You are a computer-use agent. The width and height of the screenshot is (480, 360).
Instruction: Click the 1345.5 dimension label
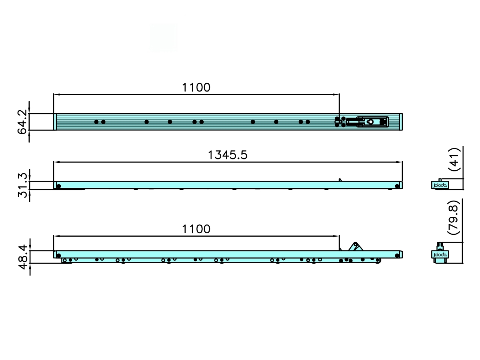click(x=227, y=155)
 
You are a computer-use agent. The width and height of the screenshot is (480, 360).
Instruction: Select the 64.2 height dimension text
click(x=22, y=122)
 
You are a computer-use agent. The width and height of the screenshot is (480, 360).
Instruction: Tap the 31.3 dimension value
click(x=22, y=185)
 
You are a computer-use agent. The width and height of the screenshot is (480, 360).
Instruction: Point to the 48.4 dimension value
click(x=23, y=257)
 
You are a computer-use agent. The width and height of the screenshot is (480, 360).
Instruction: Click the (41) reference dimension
click(x=454, y=160)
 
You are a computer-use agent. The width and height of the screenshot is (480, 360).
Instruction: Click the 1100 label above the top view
click(x=196, y=87)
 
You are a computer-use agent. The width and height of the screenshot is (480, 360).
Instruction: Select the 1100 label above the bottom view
click(x=196, y=229)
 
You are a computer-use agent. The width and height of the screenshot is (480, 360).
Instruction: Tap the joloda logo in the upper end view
click(x=440, y=185)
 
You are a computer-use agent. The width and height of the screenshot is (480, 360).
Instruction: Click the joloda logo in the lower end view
click(x=440, y=255)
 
